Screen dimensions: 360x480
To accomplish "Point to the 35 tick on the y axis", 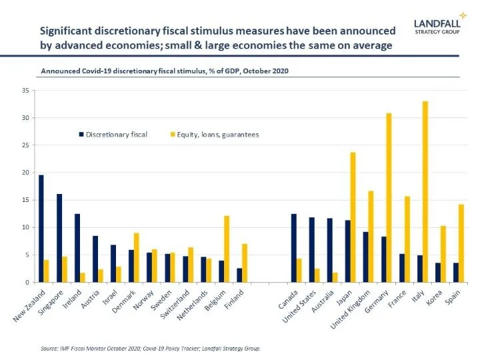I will tap(26, 90).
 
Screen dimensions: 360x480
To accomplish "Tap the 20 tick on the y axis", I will tap(26, 173).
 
